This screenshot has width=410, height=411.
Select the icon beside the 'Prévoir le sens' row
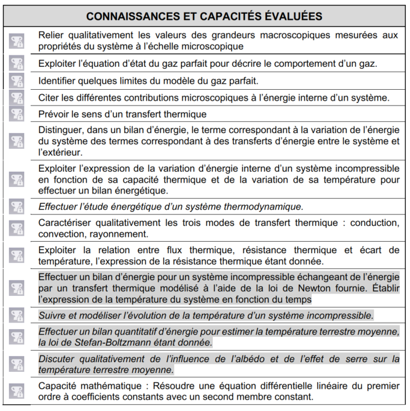tap(17, 114)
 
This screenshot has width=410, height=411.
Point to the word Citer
tap(49, 97)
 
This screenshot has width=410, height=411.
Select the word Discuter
tap(57, 359)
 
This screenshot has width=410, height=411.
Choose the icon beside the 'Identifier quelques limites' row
tap(17, 80)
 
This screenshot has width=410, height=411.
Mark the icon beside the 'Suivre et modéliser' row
tap(17, 315)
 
